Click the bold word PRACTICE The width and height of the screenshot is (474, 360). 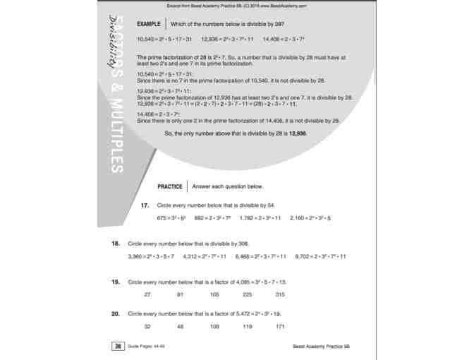(x=170, y=186)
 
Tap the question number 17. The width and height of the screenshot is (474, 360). (x=145, y=205)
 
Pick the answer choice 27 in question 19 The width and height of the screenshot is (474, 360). (x=147, y=294)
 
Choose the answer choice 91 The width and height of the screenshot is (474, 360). (x=180, y=294)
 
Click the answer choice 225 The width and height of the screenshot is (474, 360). (x=247, y=294)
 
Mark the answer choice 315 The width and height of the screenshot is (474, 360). (x=280, y=294)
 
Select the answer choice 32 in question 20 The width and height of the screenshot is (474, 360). (x=147, y=326)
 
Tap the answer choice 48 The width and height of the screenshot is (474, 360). (x=180, y=326)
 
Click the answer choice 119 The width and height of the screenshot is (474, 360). (x=247, y=326)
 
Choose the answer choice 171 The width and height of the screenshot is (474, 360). (x=280, y=326)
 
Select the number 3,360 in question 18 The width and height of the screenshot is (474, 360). (x=136, y=256)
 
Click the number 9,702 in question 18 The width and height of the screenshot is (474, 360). (x=303, y=256)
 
